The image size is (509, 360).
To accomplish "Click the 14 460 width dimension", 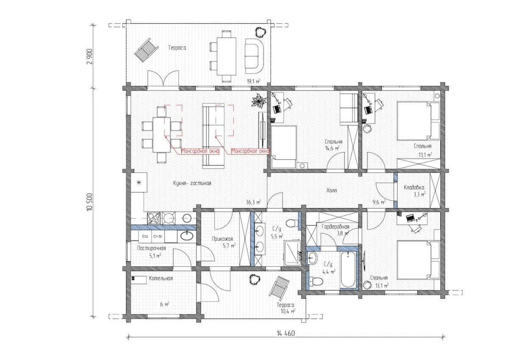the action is pos(285,333).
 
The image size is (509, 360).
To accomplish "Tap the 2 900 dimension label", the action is pos(91,56).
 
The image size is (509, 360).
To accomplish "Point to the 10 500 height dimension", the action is pos(90,202).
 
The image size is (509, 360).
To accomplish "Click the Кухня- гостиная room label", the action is pos(192,183).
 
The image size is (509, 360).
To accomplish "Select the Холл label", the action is pos(332,190).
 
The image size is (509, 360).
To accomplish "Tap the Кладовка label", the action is pos(414,187).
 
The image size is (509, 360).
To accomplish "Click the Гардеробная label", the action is pos(336,226).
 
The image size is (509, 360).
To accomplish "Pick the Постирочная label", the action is pos(151,248).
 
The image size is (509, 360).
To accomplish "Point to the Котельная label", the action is pos(161,278).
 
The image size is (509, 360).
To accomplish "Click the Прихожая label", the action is pos(222,239).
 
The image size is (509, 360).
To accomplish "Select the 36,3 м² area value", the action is pos(253,202).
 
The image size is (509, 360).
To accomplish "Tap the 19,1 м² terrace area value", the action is pos(253,81).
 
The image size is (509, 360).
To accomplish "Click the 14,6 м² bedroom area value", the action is pos(332,148).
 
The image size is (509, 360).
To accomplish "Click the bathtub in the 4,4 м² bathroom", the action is pos(348,270).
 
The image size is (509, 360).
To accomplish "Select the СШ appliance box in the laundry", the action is pos(145,237).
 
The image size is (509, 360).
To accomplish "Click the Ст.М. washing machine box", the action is pos(158,237).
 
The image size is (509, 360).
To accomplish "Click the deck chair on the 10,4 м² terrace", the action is pos(279,287).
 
